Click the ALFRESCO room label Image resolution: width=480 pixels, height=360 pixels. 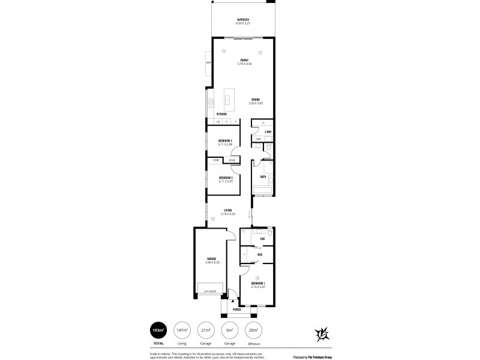coord(243,20)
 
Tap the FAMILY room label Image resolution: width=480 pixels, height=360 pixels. coord(244,60)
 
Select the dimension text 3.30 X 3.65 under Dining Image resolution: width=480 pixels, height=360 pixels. coord(256,104)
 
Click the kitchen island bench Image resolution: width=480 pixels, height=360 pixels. coord(229,98)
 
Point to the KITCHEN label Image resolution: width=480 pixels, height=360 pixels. coord(221,113)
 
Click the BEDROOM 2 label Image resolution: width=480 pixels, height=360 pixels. coord(225,140)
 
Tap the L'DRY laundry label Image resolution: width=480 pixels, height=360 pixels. coord(269,131)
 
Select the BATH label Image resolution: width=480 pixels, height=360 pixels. coord(263,176)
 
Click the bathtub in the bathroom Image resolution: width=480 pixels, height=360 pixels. coord(263,191)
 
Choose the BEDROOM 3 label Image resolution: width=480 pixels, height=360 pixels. coord(226,178)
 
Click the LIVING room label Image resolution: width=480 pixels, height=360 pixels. coord(227,210)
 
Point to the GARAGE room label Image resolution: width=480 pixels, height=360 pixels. coord(212,259)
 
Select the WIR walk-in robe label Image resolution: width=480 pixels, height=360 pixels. coord(259,254)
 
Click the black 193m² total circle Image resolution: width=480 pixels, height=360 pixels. coord(158,331)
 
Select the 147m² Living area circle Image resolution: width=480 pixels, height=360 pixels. coord(181,331)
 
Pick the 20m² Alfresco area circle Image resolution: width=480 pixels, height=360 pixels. coord(253,331)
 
